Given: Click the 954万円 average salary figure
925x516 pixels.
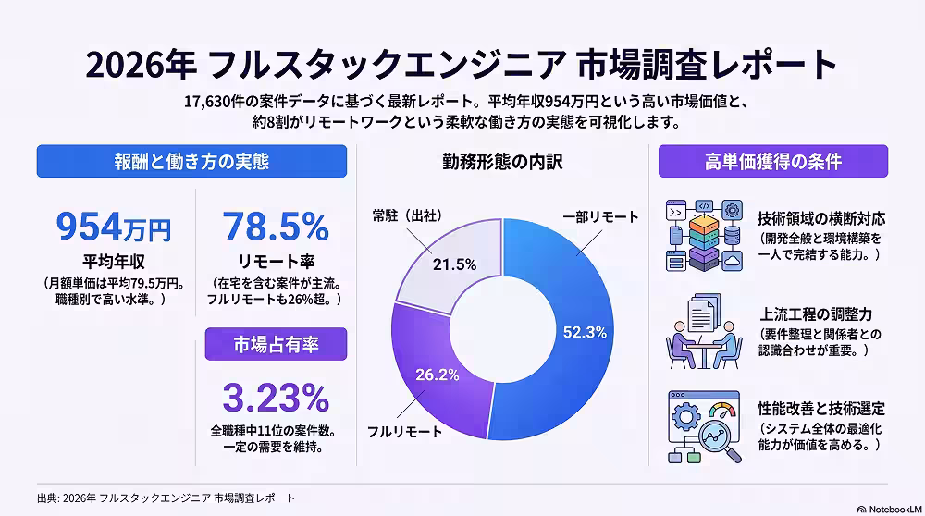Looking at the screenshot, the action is pyautogui.click(x=113, y=227).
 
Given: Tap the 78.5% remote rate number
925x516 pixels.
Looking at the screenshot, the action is pyautogui.click(x=276, y=227).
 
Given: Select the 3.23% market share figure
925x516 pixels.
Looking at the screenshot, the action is pyautogui.click(x=276, y=398).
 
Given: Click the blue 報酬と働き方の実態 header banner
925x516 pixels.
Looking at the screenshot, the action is pyautogui.click(x=191, y=161).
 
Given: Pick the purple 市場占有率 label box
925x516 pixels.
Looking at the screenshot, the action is pyautogui.click(x=276, y=344).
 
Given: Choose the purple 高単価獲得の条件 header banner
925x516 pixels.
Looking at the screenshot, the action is pyautogui.click(x=772, y=161).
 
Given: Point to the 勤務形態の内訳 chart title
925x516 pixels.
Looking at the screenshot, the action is pyautogui.click(x=502, y=162).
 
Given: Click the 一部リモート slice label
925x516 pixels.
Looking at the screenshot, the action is pyautogui.click(x=600, y=217).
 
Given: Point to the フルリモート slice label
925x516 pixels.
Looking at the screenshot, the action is pyautogui.click(x=405, y=432).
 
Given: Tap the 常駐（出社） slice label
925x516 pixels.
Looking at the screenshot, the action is pyautogui.click(x=407, y=215).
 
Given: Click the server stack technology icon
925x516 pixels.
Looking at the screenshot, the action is pyautogui.click(x=704, y=235).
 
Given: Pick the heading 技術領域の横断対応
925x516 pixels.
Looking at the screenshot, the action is pyautogui.click(x=821, y=219).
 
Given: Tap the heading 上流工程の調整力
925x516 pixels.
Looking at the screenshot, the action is pyautogui.click(x=816, y=314).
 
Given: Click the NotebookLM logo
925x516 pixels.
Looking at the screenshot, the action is pyautogui.click(x=889, y=510).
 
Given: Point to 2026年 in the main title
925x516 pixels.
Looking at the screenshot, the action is pyautogui.click(x=141, y=65).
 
